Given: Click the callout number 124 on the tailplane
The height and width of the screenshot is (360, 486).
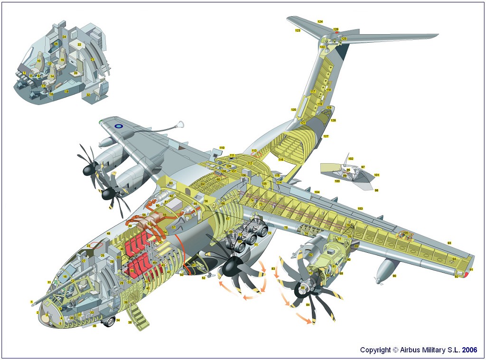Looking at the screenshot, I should coord(320,22).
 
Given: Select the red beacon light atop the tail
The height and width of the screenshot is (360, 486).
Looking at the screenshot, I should coord(336,33).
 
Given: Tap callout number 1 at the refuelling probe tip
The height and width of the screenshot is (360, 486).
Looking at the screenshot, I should coord(31,302).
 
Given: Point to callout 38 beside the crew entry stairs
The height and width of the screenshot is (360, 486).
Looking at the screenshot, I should coord(130,323).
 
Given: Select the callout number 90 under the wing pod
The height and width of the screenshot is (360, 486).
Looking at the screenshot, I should coord(394,276).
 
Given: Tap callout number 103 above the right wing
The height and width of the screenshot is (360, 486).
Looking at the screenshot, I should coord(360,209).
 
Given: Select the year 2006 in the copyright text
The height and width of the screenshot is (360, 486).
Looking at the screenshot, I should coord(469,350).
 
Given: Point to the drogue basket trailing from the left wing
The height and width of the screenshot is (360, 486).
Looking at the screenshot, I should coord(179,125).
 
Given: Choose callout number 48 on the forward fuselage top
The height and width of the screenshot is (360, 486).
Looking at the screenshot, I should coord(108,233).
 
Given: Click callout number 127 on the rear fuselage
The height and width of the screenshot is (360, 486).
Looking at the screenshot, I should coord(326,136).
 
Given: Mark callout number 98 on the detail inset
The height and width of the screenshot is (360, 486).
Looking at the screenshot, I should coord(376,190).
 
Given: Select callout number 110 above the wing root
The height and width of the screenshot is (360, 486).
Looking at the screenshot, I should coord(222,148).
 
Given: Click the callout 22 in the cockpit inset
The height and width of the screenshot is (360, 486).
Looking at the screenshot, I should coord(79,45).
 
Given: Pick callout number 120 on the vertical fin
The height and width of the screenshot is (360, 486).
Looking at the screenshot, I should coord(293,110).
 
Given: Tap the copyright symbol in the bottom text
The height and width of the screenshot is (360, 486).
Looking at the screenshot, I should coord(395,350).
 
